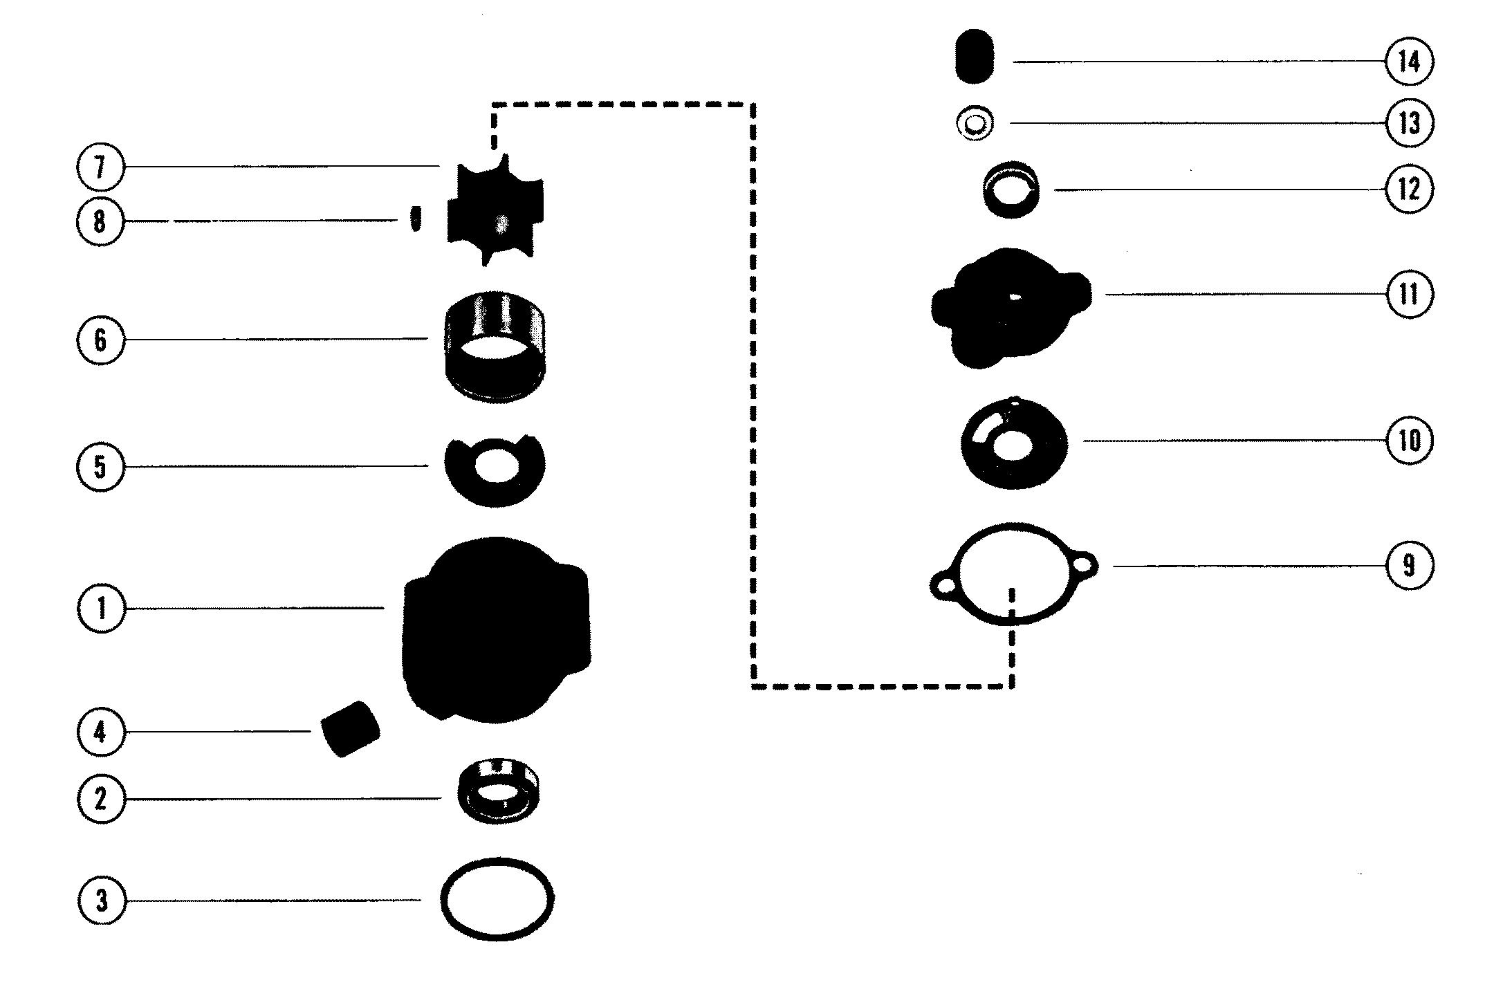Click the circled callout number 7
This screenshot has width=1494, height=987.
point(100,168)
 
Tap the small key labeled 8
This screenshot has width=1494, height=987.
point(415,219)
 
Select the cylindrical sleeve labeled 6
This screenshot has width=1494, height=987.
point(495,346)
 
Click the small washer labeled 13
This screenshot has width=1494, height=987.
point(975,124)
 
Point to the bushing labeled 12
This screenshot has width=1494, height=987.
point(1012,187)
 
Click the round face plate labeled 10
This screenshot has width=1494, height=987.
point(1013,443)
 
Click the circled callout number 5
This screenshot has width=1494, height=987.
point(100,466)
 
